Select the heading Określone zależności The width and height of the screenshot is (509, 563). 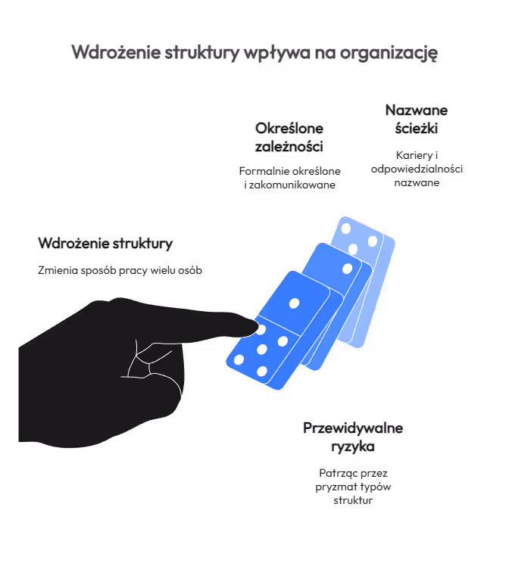click(x=289, y=136)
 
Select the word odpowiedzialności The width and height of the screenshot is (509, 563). click(x=417, y=169)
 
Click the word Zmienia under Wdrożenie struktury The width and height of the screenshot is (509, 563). click(x=55, y=271)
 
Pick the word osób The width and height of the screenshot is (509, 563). click(x=187, y=271)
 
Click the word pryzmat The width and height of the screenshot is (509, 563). click(x=336, y=487)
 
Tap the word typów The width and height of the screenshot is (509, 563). click(x=376, y=487)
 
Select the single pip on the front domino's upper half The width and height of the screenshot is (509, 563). click(x=295, y=303)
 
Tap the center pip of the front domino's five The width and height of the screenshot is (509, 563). click(x=262, y=350)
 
